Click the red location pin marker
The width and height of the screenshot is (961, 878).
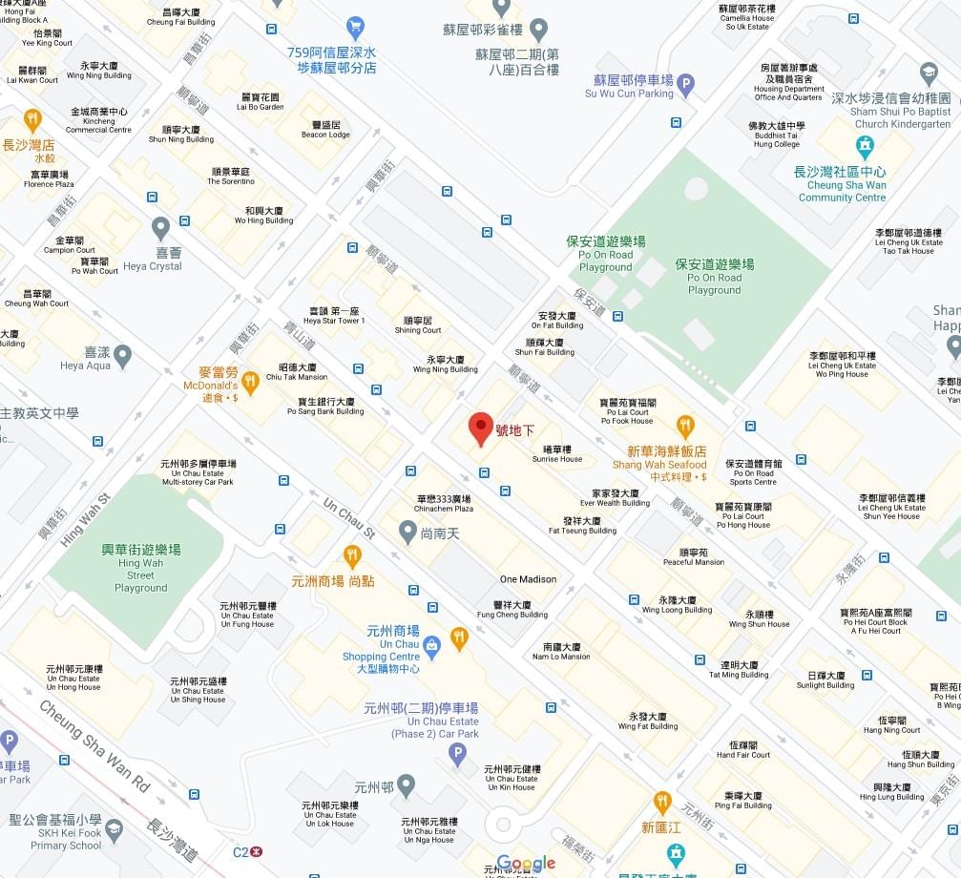click(x=480, y=429)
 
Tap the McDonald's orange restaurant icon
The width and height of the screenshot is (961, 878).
click(x=250, y=383)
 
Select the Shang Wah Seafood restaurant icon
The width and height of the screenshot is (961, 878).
click(x=685, y=427)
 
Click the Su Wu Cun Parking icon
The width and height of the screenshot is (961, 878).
click(x=686, y=86)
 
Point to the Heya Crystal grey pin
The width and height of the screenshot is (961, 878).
click(x=160, y=229)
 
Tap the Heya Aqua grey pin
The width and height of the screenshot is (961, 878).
click(x=122, y=357)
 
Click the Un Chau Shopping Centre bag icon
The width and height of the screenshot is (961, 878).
click(x=431, y=645)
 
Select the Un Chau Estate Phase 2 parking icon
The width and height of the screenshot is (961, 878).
click(x=458, y=755)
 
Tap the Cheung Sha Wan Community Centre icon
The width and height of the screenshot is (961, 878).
click(x=865, y=147)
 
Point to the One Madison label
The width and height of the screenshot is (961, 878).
click(x=528, y=579)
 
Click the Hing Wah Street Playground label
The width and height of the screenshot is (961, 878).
click(x=140, y=568)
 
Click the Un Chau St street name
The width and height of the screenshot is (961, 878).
click(x=349, y=518)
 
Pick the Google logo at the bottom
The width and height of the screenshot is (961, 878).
click(x=526, y=864)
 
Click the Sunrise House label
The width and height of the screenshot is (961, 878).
click(x=557, y=454)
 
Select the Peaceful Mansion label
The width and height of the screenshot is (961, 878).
click(x=694, y=557)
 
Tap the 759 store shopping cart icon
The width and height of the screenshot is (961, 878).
click(x=356, y=28)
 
